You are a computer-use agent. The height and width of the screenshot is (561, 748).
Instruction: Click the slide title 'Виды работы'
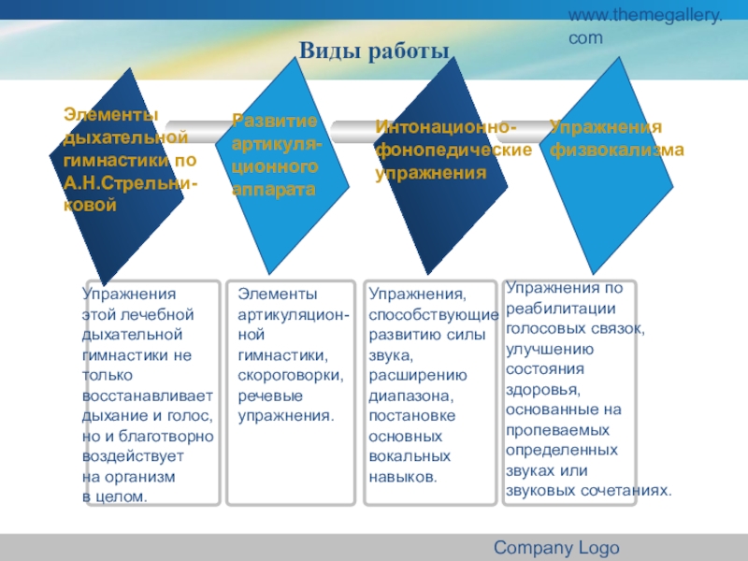pos(374,50)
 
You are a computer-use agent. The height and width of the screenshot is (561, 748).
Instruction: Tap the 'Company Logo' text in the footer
pos(555,548)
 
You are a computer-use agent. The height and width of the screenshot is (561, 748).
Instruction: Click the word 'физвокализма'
pos(617,149)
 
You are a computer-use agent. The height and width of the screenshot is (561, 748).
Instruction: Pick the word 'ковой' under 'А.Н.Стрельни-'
pos(90,205)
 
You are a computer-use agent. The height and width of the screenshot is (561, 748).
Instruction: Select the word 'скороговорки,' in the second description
pos(291,375)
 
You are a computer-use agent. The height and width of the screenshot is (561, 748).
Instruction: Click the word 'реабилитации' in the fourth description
pos(560,308)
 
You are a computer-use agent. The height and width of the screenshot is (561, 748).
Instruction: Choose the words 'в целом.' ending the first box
pos(115,496)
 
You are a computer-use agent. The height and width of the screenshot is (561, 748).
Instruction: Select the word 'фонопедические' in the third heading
pos(453,150)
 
